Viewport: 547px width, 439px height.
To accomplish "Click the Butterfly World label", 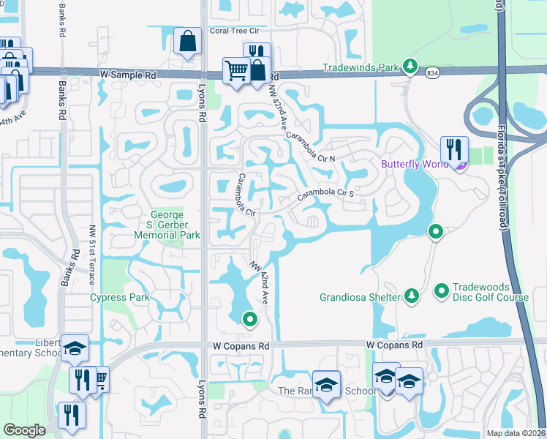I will (413, 164).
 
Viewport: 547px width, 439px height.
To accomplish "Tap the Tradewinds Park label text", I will (363, 68).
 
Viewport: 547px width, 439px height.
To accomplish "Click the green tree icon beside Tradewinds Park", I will (411, 67).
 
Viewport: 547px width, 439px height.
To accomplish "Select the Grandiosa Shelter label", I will (360, 297).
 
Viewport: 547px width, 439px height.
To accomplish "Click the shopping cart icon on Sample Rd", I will (237, 71).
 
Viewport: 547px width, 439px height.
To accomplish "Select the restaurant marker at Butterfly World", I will (454, 149).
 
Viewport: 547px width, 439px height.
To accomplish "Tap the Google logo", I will (24, 429).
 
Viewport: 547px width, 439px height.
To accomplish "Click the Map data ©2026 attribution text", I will (515, 433).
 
